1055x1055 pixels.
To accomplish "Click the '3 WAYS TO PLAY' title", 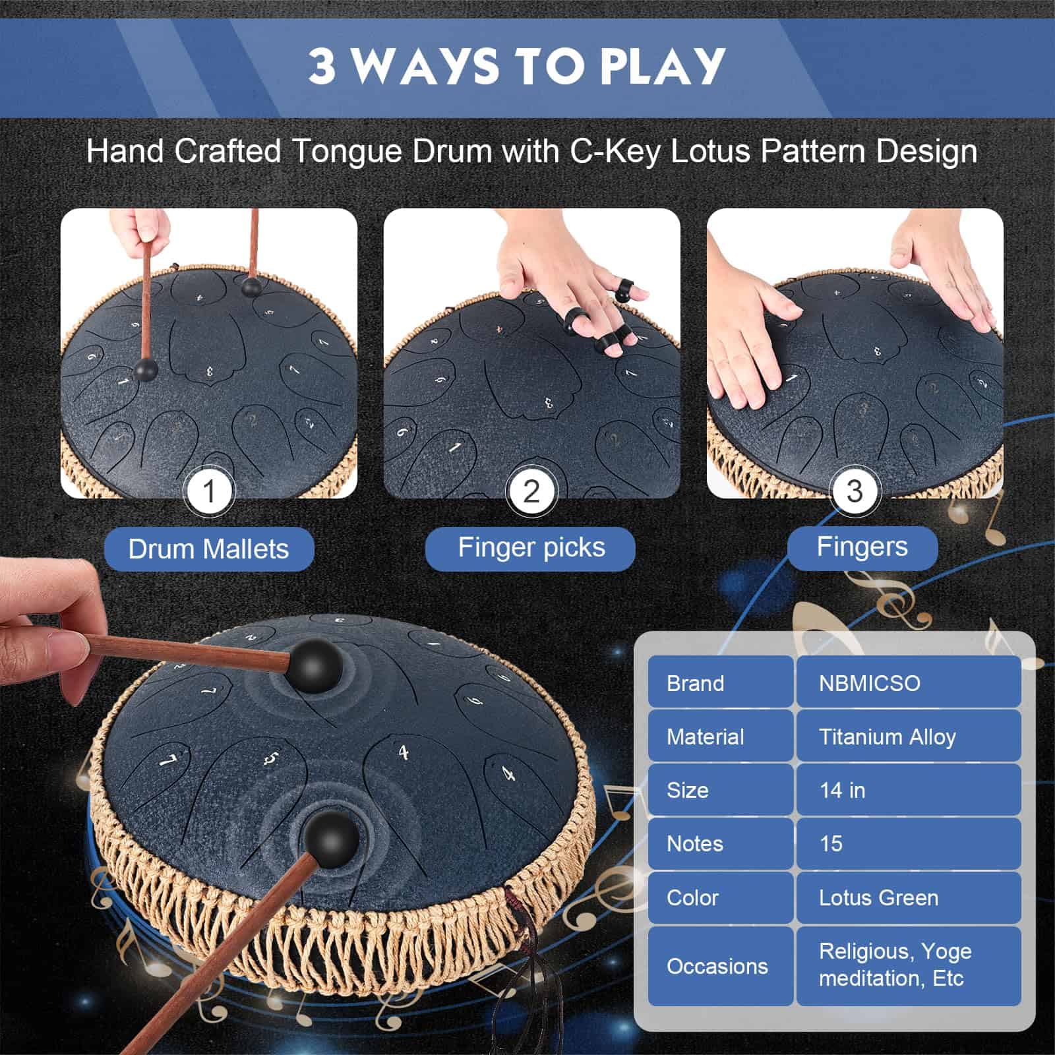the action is pyautogui.click(x=517, y=66).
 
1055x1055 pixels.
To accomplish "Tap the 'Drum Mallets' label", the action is pyautogui.click(x=209, y=549).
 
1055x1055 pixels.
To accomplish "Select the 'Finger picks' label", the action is pyautogui.click(x=531, y=547).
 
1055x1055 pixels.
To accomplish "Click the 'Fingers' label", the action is pyautogui.click(x=862, y=547).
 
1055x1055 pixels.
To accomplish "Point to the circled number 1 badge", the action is pyautogui.click(x=209, y=491).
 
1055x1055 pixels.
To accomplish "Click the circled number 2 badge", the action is pyautogui.click(x=531, y=491).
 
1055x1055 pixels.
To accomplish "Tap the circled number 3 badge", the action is pyautogui.click(x=855, y=491).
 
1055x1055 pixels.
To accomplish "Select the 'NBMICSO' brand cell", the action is pyautogui.click(x=909, y=682).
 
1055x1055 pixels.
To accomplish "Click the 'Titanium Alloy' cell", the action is pyautogui.click(x=909, y=737).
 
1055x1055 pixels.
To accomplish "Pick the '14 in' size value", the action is pyautogui.click(x=909, y=790).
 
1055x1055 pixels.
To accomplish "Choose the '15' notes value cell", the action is pyautogui.click(x=909, y=843).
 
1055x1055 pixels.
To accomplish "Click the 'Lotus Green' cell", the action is pyautogui.click(x=909, y=897).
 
